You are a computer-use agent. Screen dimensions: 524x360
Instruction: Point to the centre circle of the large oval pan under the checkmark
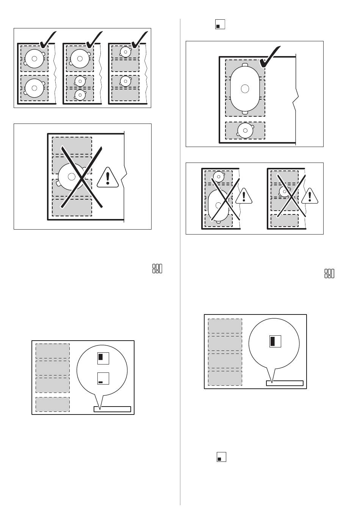click(x=245, y=89)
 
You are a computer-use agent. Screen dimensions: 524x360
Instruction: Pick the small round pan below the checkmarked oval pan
click(x=245, y=130)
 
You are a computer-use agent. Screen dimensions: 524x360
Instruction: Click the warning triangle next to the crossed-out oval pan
click(x=244, y=196)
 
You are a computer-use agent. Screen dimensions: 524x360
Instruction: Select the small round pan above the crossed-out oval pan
click(x=218, y=176)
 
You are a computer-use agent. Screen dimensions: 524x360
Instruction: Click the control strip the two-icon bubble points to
click(x=112, y=409)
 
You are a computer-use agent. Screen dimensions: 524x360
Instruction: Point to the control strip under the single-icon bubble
click(x=285, y=383)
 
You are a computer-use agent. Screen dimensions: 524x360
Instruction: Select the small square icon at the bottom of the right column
click(x=221, y=457)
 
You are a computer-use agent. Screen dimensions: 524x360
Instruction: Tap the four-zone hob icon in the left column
click(x=157, y=269)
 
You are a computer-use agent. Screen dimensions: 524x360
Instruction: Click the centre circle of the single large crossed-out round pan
click(x=71, y=176)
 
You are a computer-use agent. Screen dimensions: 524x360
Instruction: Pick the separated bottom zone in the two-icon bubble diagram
click(x=53, y=404)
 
